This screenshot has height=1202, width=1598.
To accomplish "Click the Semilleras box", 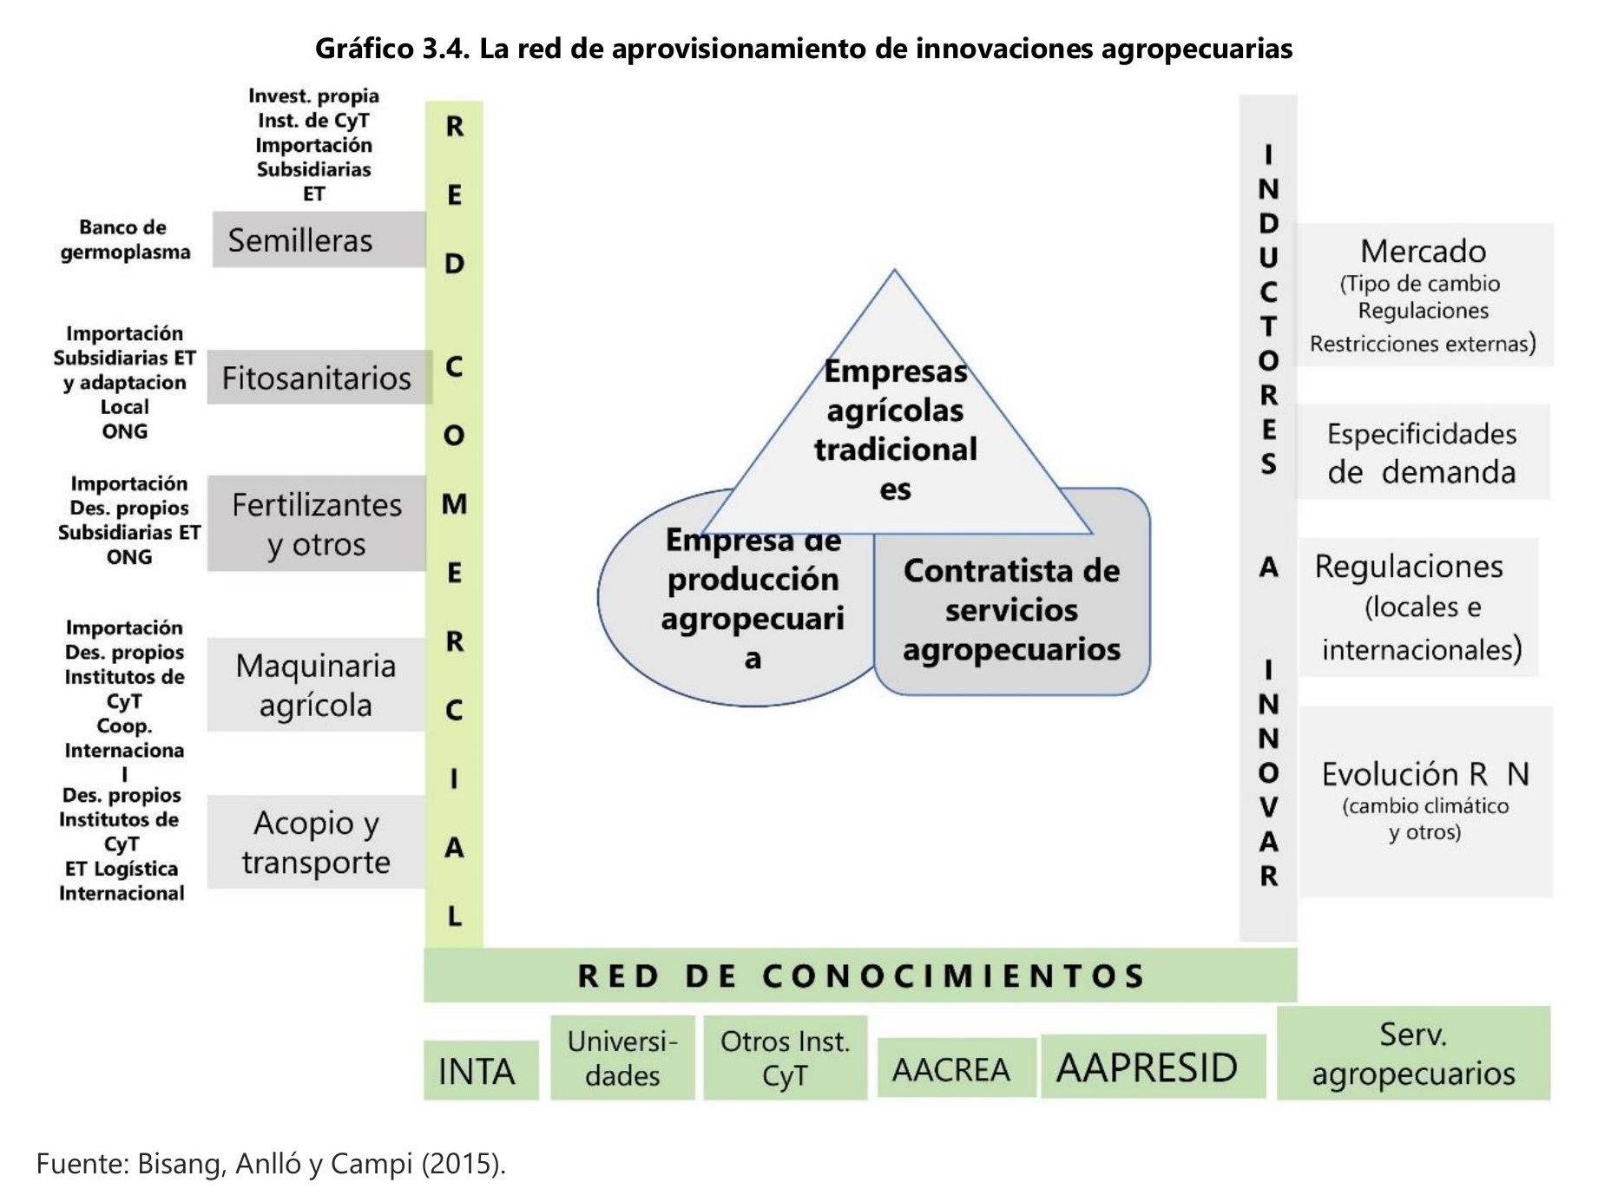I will tap(318, 240).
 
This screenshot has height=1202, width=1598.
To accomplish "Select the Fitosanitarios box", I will tap(318, 378).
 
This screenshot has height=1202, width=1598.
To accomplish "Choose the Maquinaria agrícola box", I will tap(316, 685).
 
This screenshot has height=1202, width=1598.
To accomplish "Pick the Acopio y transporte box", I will tap(316, 842).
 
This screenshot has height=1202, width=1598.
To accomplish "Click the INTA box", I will tap(479, 1071).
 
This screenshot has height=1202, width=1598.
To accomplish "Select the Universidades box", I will tap(622, 1058).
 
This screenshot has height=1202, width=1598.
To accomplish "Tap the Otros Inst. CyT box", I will tap(785, 1058).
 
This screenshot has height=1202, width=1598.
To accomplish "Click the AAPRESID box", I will tap(1148, 1067).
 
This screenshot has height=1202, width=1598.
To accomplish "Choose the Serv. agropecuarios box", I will tap(1413, 1054).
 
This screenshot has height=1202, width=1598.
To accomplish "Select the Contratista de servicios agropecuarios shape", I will tap(1012, 609).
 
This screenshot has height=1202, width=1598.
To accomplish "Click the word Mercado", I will tap(1423, 252).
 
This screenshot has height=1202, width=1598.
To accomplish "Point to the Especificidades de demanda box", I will tap(1422, 452).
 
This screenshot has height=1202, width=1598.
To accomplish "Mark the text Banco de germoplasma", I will tap(125, 240).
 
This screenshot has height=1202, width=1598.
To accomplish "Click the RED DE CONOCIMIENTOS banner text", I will tap(860, 975).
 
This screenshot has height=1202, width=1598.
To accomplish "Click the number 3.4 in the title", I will tap(445, 49).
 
